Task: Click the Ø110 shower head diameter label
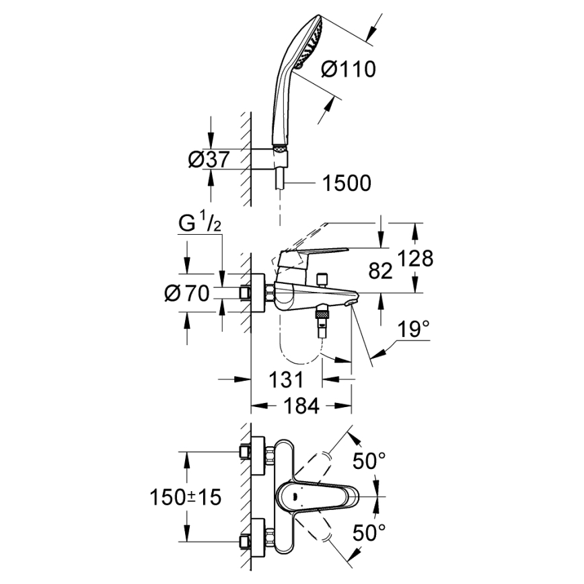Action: pos(348,69)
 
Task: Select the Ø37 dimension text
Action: pos(209,159)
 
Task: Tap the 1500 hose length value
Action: pos(346,182)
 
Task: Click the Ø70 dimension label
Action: pos(187,294)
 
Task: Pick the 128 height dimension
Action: pos(412,258)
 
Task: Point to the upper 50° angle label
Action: pos(371,462)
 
